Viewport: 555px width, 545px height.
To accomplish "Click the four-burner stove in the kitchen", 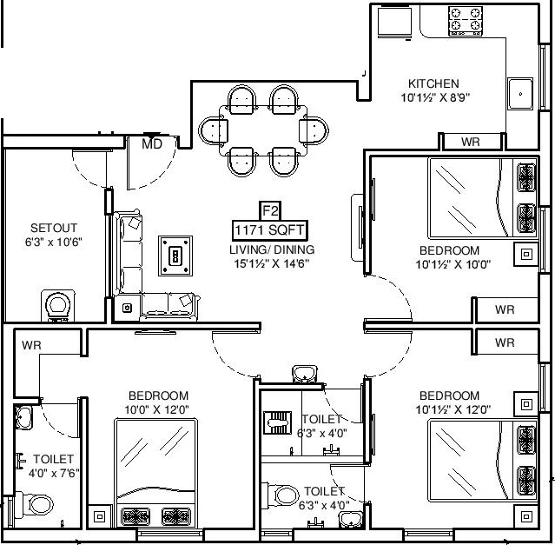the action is tap(466, 21).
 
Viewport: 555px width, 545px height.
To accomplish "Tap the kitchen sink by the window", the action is tap(520, 94).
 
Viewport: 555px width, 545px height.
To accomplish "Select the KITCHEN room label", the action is tap(433, 83).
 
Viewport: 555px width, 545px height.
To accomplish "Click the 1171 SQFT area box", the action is tap(269, 230).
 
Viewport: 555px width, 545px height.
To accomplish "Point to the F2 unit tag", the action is tap(270, 211).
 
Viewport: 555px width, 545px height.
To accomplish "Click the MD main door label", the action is tap(152, 143).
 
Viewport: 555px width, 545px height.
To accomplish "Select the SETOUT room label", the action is tap(54, 228).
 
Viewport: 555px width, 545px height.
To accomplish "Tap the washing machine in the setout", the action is tap(58, 306).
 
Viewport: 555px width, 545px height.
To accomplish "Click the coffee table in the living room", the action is tap(175, 256).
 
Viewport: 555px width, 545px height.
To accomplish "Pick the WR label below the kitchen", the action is tap(471, 142).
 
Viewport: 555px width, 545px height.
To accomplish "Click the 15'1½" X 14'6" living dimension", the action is tap(272, 263).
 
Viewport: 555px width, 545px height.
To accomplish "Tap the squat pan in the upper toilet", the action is tap(278, 422).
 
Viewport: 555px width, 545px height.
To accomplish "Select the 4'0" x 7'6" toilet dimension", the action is tap(54, 473).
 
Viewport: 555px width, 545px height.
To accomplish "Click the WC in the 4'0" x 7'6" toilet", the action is tap(35, 505).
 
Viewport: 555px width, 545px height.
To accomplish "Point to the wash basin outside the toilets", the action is tap(305, 375).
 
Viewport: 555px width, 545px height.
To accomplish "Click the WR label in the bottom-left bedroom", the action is tap(31, 345).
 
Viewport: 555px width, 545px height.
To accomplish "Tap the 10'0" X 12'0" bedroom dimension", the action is tap(157, 409).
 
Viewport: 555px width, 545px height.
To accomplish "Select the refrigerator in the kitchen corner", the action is tap(394, 22).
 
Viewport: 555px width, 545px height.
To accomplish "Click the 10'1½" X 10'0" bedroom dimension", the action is tap(453, 264).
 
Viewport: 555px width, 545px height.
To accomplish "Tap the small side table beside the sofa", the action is tap(127, 308).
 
